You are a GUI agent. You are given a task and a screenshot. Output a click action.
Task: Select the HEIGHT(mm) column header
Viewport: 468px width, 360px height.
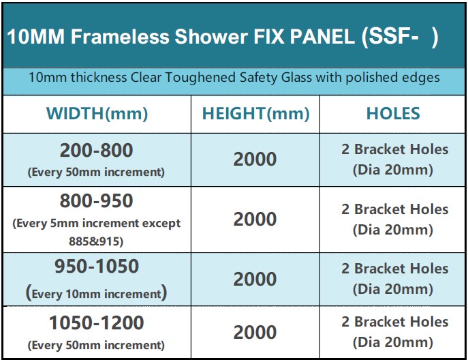(x=255, y=113)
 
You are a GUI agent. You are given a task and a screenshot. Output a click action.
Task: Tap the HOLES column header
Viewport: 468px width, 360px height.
(x=393, y=113)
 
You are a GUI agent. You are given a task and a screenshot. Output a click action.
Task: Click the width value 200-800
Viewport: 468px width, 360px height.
(x=96, y=151)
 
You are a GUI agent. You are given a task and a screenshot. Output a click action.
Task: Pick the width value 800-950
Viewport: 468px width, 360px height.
(x=96, y=202)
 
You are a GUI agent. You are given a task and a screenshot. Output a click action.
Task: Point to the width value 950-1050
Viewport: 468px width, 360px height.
(x=96, y=267)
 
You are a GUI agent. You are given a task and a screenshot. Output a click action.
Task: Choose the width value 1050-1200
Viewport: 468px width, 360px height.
(x=96, y=323)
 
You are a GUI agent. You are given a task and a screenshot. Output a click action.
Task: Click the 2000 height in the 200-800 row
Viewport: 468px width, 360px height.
(x=255, y=160)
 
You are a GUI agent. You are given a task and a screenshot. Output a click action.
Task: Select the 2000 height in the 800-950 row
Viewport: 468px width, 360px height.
(x=255, y=220)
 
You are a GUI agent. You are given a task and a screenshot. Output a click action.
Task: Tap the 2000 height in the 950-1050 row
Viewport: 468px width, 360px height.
(x=255, y=279)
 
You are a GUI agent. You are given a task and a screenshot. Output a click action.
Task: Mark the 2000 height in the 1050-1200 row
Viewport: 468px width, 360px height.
(x=255, y=332)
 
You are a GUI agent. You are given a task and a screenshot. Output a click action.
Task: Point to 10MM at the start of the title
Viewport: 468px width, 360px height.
(x=35, y=37)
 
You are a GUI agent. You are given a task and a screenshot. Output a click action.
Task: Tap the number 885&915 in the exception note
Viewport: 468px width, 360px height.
(x=96, y=241)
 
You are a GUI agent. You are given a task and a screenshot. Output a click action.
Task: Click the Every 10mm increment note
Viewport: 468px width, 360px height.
(x=96, y=294)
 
